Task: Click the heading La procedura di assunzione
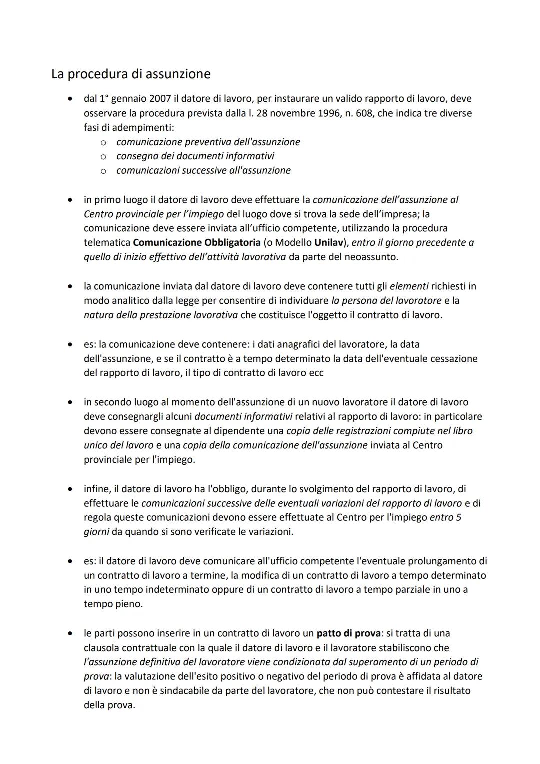coord(131,74)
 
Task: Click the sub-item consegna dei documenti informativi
coord(195,156)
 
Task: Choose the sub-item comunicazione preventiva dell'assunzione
coord(208,142)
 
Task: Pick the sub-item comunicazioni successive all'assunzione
coord(203,171)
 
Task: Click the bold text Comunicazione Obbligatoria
coord(197,243)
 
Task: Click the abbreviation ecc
coord(316,373)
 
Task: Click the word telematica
coord(107,243)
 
